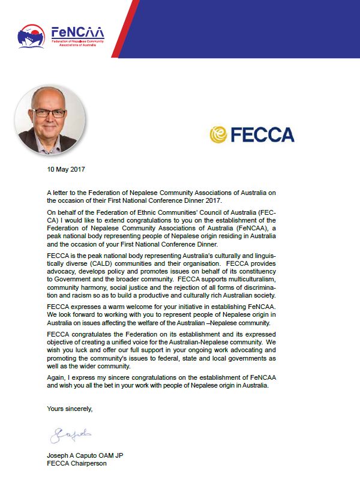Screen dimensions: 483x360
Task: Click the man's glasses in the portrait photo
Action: (50, 113)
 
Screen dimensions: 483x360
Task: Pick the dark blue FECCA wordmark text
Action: (262, 134)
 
